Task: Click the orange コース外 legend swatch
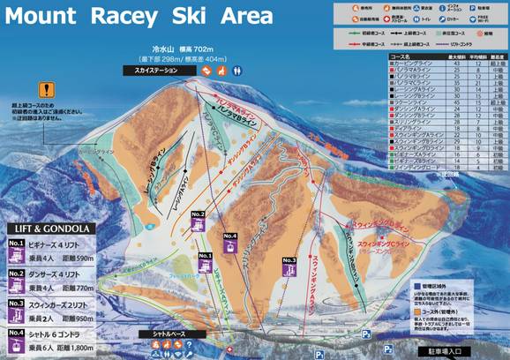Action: coord(419,312)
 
